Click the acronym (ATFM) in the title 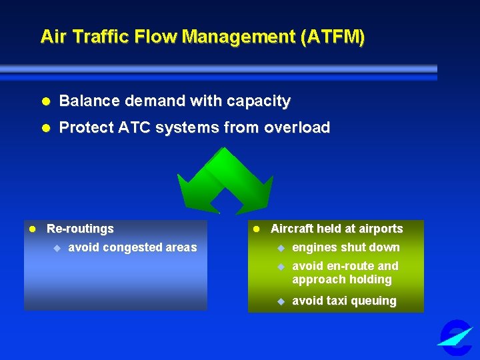(333, 37)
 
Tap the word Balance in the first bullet (88, 101)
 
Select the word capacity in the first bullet (259, 102)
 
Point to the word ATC (137, 128)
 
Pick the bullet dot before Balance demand (46, 102)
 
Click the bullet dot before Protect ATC (46, 129)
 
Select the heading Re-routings (80, 229)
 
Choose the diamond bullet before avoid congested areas (57, 248)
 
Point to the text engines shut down (345, 247)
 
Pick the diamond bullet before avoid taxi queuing (281, 301)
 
